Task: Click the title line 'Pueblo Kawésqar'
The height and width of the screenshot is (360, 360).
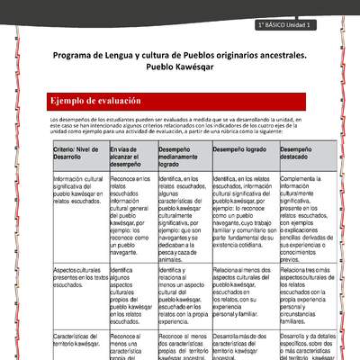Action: tap(180, 67)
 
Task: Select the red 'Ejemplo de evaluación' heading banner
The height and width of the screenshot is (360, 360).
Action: tap(177, 101)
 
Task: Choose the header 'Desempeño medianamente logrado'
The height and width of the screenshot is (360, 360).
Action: tap(183, 157)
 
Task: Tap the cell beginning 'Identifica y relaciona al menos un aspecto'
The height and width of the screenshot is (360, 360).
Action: tap(183, 296)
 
